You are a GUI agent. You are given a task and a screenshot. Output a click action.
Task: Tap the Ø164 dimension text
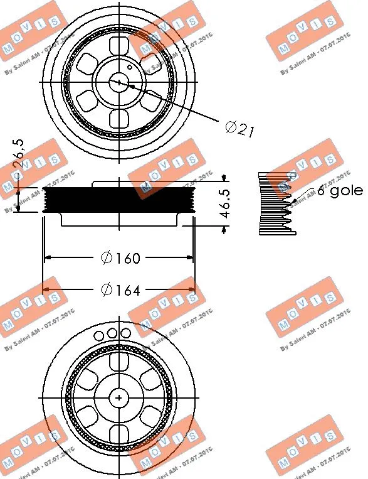[122, 289]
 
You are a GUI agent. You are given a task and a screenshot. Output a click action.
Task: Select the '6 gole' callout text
[339, 191]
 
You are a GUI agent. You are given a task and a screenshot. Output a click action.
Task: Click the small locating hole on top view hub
[129, 65]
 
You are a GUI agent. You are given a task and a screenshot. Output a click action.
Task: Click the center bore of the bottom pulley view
[119, 397]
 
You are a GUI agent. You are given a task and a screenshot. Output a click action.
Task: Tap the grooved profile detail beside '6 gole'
[276, 203]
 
